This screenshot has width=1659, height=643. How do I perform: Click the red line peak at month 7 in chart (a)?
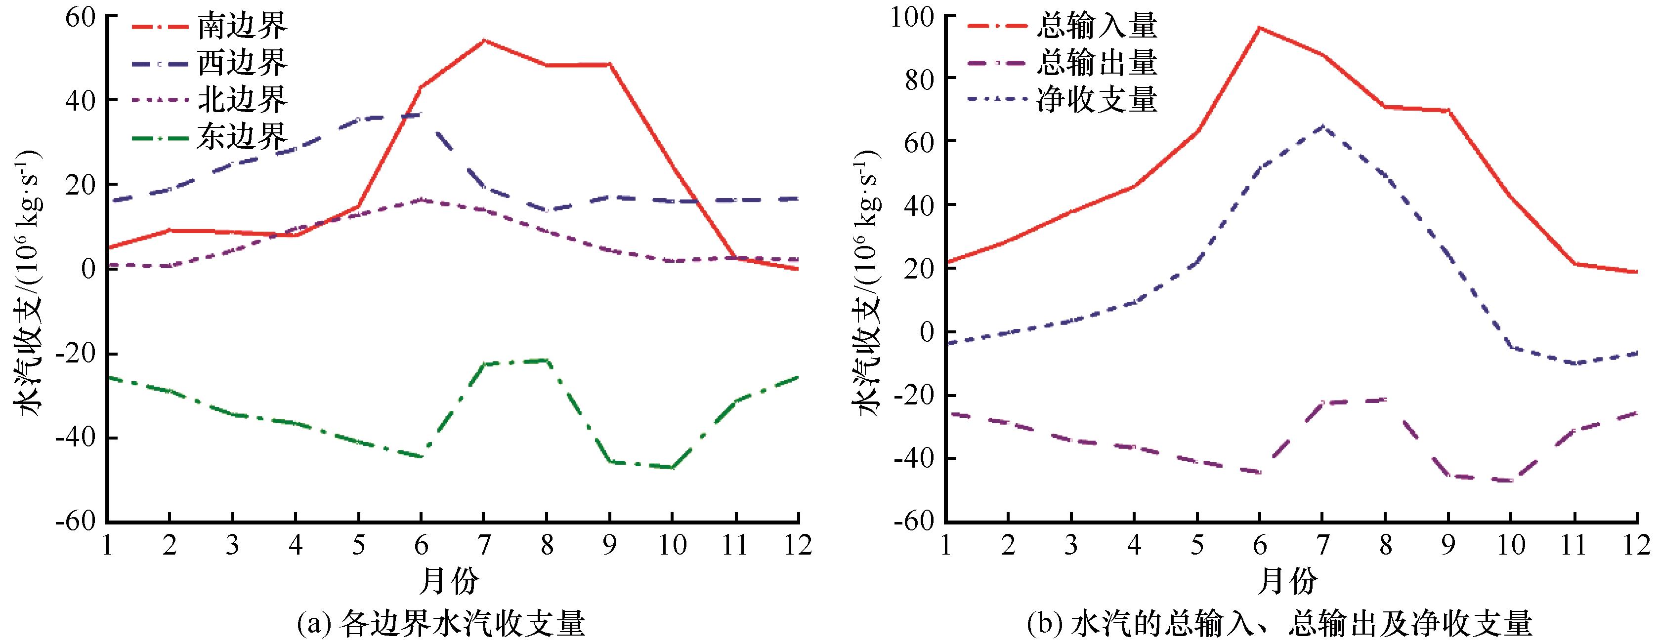483,40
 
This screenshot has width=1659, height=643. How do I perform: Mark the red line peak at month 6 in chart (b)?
1259,28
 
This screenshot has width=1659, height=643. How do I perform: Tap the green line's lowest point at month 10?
672,468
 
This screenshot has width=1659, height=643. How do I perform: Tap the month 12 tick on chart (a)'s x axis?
797,546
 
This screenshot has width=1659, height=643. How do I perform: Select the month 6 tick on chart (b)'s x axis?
1259,546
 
